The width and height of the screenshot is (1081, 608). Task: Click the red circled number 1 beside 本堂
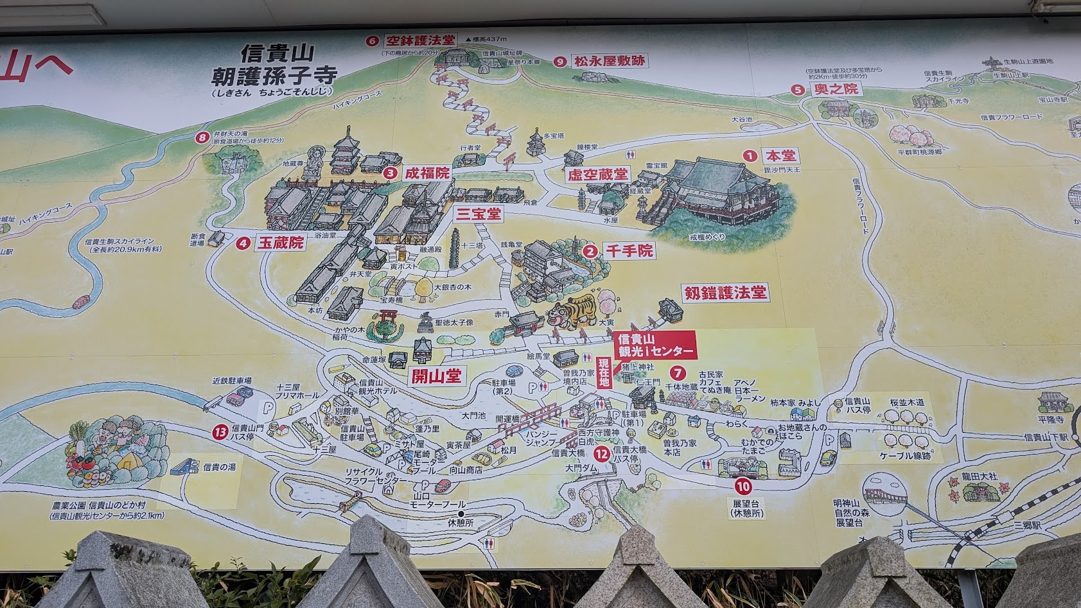point(749,155)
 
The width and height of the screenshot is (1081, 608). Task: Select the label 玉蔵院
point(280,243)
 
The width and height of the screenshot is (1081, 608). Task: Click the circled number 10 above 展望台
point(744,487)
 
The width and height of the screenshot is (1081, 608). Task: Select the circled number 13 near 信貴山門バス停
point(220,431)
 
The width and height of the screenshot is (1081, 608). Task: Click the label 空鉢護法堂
point(420,40)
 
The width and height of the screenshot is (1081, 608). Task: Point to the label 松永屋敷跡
point(609,62)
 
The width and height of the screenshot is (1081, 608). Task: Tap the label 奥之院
point(836,89)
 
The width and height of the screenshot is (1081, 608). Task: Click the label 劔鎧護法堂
point(725,293)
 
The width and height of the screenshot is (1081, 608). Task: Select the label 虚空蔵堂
point(597,175)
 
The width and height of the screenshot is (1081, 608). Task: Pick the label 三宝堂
point(478,214)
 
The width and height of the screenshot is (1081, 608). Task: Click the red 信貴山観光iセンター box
point(655,345)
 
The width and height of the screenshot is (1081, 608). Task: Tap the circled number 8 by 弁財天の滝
point(204,137)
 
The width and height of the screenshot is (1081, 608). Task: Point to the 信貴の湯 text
point(220,467)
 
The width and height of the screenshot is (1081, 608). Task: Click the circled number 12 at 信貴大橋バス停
point(602,454)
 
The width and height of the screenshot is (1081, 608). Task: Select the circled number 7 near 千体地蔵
point(676,372)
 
